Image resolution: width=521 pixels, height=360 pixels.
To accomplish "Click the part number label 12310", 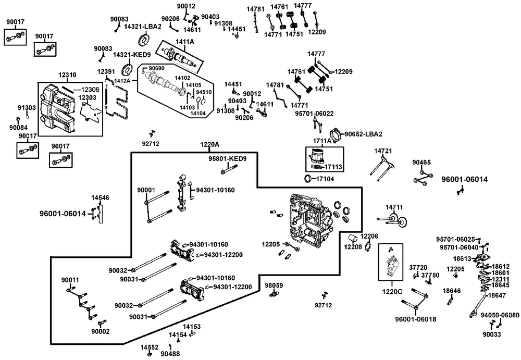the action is pos(67,75).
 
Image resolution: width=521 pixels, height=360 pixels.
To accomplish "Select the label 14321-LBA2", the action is pos(143,27).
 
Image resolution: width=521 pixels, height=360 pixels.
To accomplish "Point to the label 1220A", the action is pos(209,145).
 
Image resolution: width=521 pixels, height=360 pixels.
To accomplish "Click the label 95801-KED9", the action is pos(228,159).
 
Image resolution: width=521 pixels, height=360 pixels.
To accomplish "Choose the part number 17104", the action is pos(325,179).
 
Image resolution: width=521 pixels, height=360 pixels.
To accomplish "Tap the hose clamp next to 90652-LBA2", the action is pos(337,134).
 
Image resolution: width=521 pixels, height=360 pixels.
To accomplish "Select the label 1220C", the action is pos(392,292).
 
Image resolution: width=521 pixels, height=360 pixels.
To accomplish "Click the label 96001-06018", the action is pos(415,319).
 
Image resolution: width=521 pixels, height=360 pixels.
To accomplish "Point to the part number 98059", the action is pos(274,285).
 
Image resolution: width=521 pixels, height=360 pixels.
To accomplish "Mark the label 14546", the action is pos(100,198).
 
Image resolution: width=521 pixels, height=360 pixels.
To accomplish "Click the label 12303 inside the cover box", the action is pos(87,98).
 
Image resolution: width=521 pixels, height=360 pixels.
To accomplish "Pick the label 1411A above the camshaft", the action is pos(185,42).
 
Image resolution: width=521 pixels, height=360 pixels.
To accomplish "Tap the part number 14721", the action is pos(383,151).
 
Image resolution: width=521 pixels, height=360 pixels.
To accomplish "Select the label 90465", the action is pos(421,163).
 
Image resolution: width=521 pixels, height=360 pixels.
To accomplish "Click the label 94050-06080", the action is pos(500,316).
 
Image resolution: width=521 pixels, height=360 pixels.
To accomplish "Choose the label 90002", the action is pos(101,332).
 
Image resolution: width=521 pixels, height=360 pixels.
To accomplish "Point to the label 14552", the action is pos(149,347).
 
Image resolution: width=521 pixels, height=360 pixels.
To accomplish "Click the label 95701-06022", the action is pos(314,114).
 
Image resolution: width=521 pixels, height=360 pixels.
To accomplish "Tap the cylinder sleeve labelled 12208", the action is pos(352,238).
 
